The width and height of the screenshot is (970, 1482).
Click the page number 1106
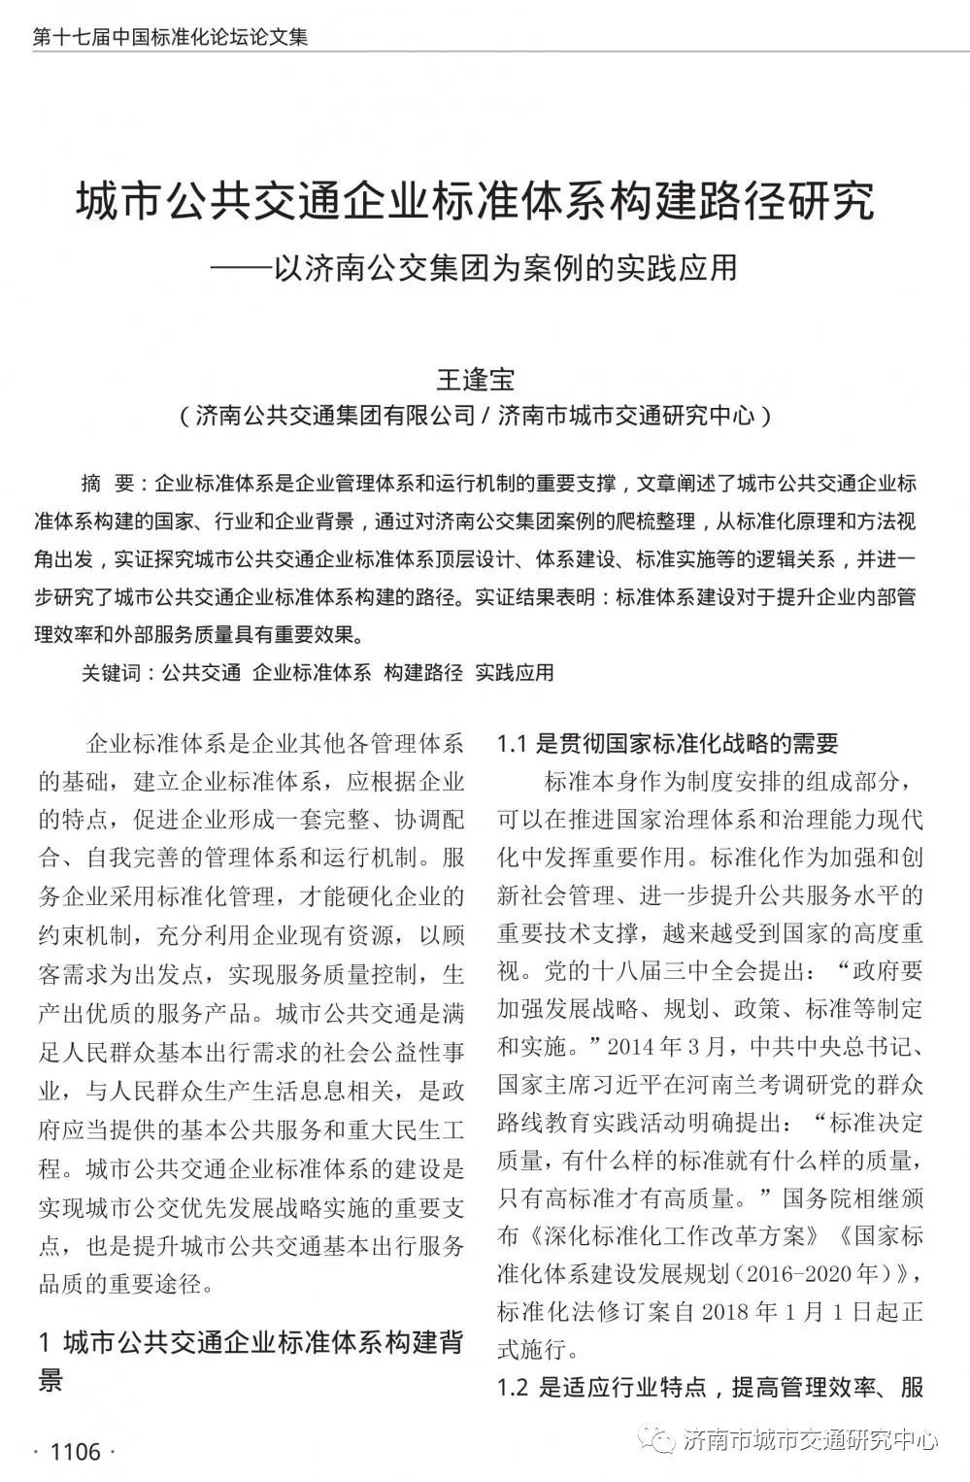[x=75, y=1452]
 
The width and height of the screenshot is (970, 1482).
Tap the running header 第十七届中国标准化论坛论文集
[x=170, y=38]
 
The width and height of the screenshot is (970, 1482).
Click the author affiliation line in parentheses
[x=476, y=417]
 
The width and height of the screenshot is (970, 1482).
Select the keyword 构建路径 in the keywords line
[x=423, y=672]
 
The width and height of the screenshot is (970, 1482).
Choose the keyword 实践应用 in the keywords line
[x=515, y=672]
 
